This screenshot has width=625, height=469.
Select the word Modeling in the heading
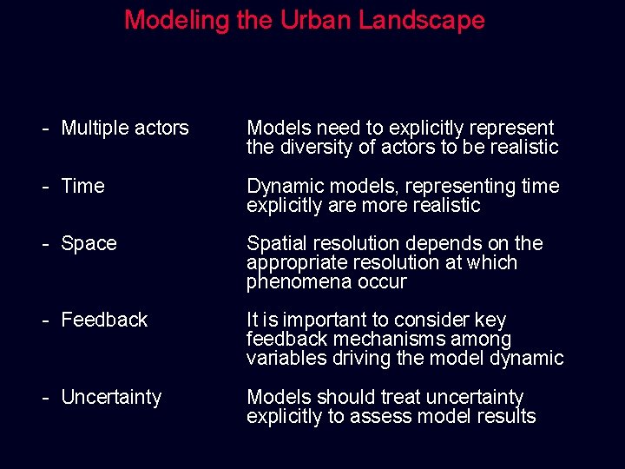point(177,20)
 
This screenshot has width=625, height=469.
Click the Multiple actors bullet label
point(124,128)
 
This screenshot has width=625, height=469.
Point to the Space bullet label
point(89,244)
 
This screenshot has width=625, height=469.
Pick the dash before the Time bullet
point(45,186)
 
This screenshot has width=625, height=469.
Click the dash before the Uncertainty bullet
point(45,398)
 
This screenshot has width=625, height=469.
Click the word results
point(508,417)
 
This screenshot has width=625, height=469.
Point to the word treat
point(375,398)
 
